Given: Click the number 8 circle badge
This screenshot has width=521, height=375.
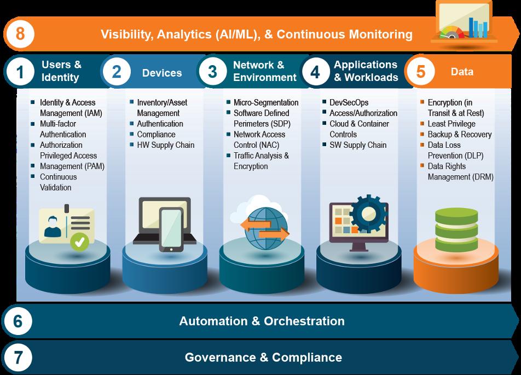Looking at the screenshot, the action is click(20, 34).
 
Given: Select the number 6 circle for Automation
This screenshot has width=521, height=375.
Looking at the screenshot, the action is click(18, 321).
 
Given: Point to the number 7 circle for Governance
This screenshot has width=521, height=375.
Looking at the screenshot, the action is click(18, 357).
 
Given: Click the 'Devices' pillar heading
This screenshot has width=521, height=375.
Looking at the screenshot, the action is click(161, 72).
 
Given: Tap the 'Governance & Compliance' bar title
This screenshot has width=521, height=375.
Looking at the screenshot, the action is click(263, 357).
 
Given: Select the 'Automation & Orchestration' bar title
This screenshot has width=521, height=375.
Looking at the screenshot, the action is click(262, 321).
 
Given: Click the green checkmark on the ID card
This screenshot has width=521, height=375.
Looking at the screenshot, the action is click(82, 241).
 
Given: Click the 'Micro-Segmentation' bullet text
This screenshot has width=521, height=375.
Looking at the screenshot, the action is click(266, 102).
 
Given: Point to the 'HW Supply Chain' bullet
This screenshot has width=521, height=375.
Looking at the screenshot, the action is click(165, 145).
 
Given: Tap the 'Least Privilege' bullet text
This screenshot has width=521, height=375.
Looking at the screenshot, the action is click(451, 124).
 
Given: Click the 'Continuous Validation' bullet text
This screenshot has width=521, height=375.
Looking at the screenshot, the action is click(58, 182).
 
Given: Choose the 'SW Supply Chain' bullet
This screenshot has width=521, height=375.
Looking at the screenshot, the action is click(357, 145).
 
